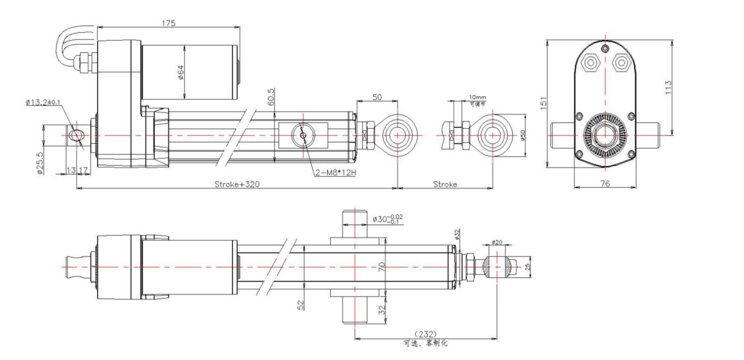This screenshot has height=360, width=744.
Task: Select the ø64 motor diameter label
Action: [x=180, y=72]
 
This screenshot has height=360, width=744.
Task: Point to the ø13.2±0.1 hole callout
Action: [x=43, y=102]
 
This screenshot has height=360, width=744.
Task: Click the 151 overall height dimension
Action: [x=543, y=104]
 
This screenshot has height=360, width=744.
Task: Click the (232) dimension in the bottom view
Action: [x=425, y=334]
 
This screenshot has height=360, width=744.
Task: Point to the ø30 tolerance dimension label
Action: [x=388, y=219]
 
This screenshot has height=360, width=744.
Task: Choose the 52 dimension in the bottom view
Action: [x=301, y=304]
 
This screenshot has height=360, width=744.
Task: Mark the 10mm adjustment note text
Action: [x=477, y=98]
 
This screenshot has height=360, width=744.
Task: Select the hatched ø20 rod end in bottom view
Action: [x=497, y=266]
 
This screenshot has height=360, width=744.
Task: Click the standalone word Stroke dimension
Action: [x=445, y=184]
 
